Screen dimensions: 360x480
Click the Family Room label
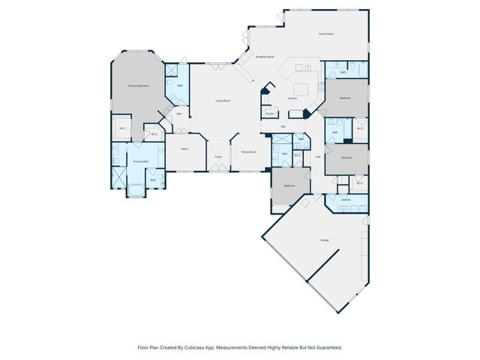pos(325,34)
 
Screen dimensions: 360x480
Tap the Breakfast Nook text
pos(265,56)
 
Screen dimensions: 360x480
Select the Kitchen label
pos(293,98)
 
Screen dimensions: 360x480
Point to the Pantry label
pos(269,113)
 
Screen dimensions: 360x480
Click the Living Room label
pos(223,100)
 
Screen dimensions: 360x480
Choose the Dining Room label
pos(248,152)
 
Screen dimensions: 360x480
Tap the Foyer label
pos(218,157)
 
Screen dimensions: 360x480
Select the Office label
pos(184,149)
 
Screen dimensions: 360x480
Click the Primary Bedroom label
pos(137,86)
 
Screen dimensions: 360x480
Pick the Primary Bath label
pos(140,162)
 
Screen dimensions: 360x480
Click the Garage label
pos(325,240)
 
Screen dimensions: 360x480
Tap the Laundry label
pos(346,199)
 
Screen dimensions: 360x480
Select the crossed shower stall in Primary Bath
pos(118,178)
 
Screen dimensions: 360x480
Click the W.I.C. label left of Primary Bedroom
pos(121,128)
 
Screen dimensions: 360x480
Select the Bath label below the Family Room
pos(343,72)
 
